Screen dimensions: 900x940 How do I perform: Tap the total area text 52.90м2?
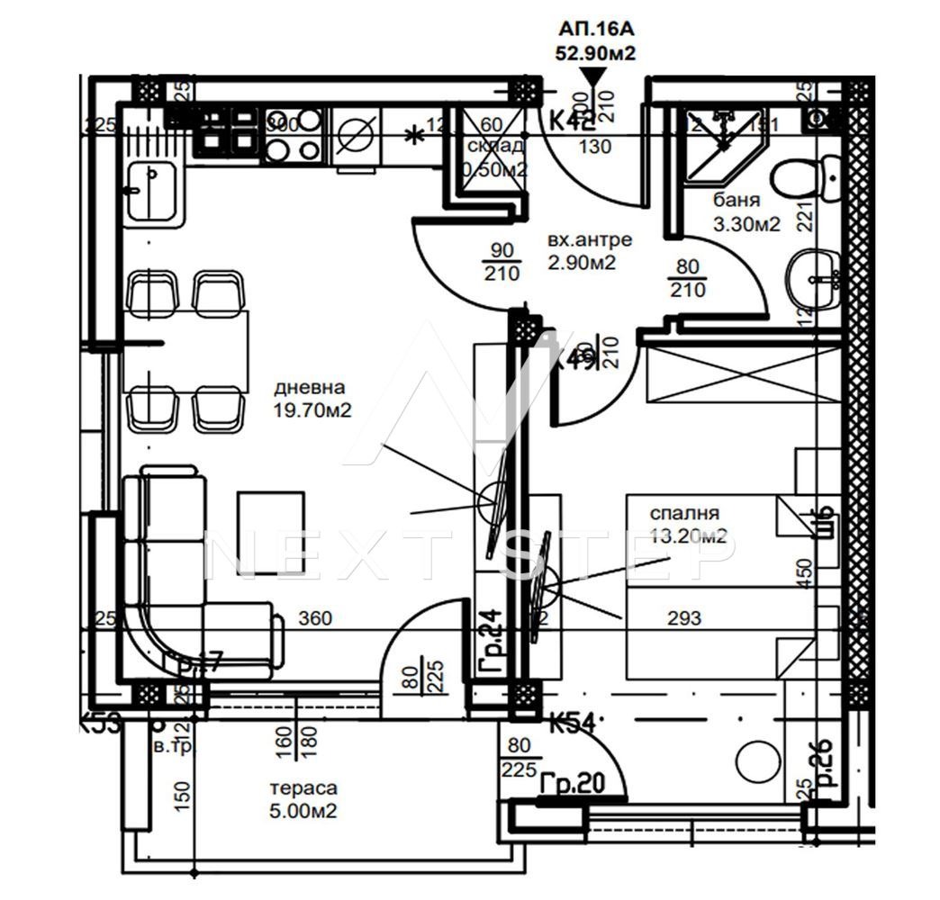pyautogui.click(x=595, y=53)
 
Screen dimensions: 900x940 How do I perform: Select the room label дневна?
pyautogui.click(x=310, y=388)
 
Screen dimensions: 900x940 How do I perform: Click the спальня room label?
pyautogui.click(x=684, y=514)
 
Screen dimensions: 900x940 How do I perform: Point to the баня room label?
pyautogui.click(x=736, y=201)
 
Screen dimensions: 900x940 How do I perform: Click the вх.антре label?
pyautogui.click(x=590, y=240)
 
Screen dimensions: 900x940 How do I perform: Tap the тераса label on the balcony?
pyautogui.click(x=303, y=788)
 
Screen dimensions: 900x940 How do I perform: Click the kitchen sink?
pyautogui.click(x=153, y=192)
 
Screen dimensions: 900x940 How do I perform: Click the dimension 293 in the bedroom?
pyautogui.click(x=684, y=618)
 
